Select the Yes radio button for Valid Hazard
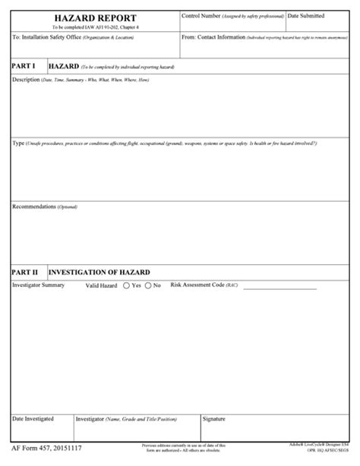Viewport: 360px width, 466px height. click(x=126, y=285)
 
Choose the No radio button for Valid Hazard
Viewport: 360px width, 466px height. click(x=147, y=285)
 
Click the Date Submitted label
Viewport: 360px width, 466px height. click(x=307, y=15)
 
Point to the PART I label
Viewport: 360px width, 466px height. click(x=24, y=67)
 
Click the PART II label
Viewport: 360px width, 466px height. click(x=25, y=271)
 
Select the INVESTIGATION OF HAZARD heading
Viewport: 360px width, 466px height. click(x=99, y=272)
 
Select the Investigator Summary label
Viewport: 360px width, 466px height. click(x=39, y=285)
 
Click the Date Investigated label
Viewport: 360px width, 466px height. click(x=33, y=418)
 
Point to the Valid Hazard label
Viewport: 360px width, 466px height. click(x=101, y=285)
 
